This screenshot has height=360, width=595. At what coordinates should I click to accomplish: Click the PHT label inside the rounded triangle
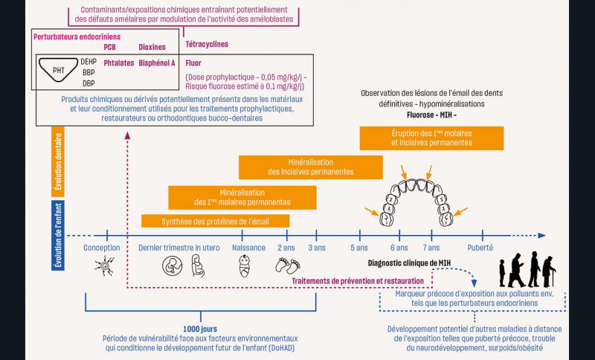(59, 70)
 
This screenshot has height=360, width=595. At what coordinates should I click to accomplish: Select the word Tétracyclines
(207, 44)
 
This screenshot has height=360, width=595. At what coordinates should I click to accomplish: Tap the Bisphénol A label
(157, 63)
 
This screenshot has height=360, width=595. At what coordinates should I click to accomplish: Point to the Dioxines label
(152, 47)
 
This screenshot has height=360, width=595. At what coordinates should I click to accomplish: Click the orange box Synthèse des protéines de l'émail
(216, 221)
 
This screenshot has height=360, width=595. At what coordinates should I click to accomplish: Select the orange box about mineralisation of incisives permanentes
(311, 167)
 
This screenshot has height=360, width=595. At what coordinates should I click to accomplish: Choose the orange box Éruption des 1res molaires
(432, 138)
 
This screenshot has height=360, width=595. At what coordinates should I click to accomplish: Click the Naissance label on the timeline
(248, 248)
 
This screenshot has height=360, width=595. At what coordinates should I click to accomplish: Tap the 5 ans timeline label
(359, 248)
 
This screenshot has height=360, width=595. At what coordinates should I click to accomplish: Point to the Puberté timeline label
(480, 248)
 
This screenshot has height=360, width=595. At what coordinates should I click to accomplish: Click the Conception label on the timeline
(102, 248)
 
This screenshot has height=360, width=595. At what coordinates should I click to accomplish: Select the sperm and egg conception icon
(104, 266)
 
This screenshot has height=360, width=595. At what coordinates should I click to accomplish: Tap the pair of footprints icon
(288, 266)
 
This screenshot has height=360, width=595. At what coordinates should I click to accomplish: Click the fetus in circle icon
(173, 266)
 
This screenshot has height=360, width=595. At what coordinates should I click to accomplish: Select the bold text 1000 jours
(200, 329)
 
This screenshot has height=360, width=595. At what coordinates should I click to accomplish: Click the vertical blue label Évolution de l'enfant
(58, 236)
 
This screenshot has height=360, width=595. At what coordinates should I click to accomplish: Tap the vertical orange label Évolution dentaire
(58, 161)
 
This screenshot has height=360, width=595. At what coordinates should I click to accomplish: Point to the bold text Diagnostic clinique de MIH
(410, 263)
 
